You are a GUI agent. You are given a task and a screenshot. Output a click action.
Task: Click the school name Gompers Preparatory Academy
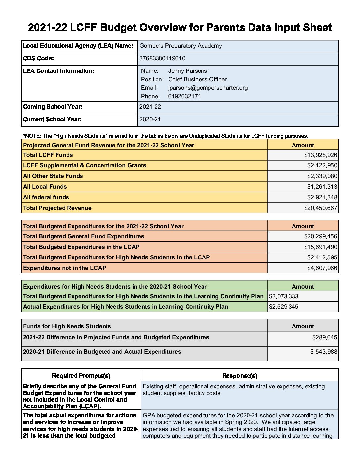(x=181, y=46)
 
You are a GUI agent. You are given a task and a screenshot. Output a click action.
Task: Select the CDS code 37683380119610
(x=162, y=58)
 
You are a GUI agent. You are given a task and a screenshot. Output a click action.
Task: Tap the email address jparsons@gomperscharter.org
(x=208, y=88)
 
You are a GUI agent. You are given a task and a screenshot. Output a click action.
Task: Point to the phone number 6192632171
(x=184, y=96)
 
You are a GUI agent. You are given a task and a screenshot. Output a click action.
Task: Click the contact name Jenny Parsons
(x=188, y=71)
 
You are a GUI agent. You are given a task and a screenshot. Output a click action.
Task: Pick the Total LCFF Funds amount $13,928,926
(x=320, y=155)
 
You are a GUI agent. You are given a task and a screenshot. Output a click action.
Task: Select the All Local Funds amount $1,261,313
(x=322, y=187)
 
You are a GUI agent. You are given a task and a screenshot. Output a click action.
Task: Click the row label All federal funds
(x=46, y=197)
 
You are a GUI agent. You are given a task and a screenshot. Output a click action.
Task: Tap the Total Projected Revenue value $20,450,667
(x=320, y=208)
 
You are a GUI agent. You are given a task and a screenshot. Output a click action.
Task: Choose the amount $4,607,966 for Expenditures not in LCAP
(x=322, y=268)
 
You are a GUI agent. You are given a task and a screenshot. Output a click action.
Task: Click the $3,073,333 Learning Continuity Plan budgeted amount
(x=284, y=296)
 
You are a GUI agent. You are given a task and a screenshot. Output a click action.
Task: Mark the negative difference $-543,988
(x=323, y=352)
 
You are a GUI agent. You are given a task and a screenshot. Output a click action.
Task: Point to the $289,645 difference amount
(x=324, y=337)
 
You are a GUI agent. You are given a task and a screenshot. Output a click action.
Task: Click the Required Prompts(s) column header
(x=81, y=376)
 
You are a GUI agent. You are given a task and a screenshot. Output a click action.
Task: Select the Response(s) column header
(x=240, y=376)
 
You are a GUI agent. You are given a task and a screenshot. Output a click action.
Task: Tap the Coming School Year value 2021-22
(x=150, y=107)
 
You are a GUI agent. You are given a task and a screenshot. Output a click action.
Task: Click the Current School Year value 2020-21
(x=150, y=119)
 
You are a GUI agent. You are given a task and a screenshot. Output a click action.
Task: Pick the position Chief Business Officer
(x=197, y=79)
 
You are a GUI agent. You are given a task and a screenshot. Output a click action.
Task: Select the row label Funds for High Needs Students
(x=67, y=326)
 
